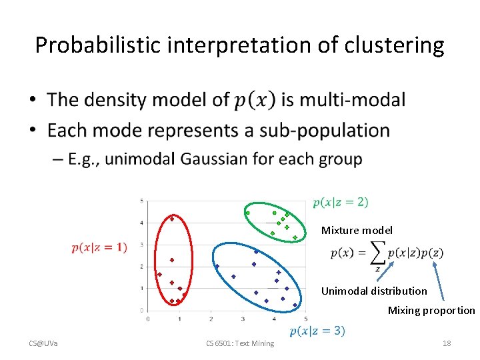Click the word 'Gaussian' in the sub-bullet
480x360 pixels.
point(241,159)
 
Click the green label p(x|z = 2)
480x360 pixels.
point(340,202)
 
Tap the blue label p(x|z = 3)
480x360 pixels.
point(317,331)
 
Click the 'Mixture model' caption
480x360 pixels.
point(357,230)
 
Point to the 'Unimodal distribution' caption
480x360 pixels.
point(374,291)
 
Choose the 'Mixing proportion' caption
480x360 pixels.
point(431,310)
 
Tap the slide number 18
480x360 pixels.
point(447,343)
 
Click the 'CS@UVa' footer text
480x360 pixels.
point(43,343)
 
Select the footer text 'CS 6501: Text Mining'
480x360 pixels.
point(239,343)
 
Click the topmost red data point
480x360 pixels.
point(172,219)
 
